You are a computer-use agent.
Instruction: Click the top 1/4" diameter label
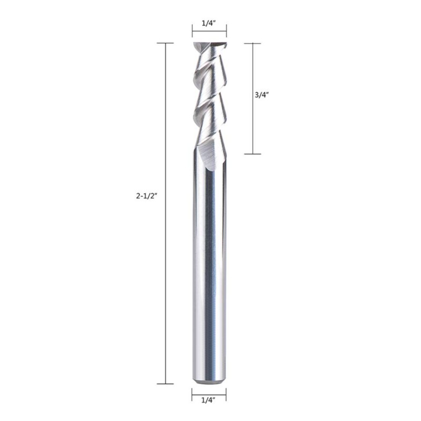tap(209, 23)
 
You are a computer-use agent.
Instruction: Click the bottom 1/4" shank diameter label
tap(208, 400)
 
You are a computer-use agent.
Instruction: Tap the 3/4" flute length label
tap(262, 95)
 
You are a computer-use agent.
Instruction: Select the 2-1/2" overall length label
tap(146, 196)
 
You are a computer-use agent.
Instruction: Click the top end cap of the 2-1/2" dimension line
tap(165, 43)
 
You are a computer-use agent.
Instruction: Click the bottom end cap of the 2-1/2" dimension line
tap(165, 384)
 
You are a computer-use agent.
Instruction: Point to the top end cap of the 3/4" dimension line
tap(253, 43)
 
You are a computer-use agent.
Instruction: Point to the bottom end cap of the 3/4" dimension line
tap(253, 154)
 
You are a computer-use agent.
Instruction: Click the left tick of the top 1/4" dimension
tap(192, 31)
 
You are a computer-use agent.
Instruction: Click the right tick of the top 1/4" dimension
tap(226, 31)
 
